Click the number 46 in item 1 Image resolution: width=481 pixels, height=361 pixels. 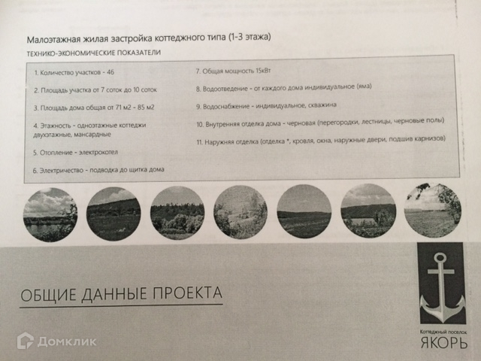click(110, 72)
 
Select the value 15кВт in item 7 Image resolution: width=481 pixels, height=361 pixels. click(263, 71)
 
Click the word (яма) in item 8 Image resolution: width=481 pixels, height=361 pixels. click(364, 86)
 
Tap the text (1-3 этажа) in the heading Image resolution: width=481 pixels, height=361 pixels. click(250, 37)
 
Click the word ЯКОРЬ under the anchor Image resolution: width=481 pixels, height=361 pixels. click(443, 342)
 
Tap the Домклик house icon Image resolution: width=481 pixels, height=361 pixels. click(25, 341)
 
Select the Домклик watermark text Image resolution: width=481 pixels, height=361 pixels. click(67, 341)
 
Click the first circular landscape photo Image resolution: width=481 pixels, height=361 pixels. click(50, 214)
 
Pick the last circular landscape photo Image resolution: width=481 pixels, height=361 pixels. click(433, 211)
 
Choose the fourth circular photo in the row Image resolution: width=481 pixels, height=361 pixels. click(240, 212)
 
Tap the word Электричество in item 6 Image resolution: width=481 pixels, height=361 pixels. click(62, 171)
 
